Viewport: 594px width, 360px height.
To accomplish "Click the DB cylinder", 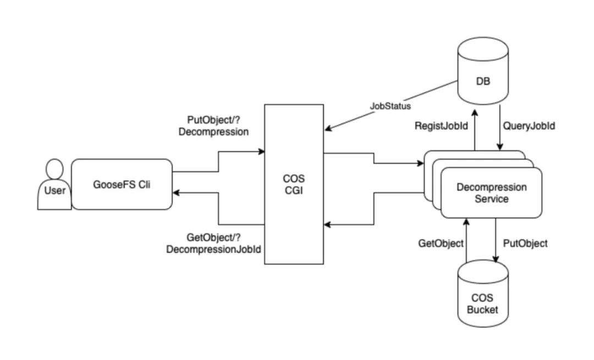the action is point(483,71).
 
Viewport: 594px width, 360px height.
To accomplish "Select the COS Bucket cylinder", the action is point(483,293).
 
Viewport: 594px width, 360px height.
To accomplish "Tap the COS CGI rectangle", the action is point(294,184).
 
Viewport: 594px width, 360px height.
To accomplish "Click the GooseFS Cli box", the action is point(122,184).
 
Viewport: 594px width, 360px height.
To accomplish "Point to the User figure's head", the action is point(54,169).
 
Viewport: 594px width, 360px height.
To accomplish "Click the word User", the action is point(55,190).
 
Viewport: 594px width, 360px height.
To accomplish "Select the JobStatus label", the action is point(390,106).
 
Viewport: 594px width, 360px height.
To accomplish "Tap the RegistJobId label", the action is point(441,126).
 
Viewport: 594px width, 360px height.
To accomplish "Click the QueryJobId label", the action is point(529,126).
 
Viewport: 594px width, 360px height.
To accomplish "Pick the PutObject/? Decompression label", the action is point(213,126).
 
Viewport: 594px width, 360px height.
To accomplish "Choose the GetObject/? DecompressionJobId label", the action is point(213,243).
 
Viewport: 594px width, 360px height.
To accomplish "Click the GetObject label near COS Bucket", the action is point(441,243).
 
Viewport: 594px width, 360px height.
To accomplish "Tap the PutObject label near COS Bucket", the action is point(525,243).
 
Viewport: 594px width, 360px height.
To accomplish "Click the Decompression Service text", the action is point(491,193).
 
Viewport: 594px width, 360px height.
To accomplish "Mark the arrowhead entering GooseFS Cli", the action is point(176,193).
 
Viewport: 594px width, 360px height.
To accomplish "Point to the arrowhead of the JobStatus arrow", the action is point(328,129).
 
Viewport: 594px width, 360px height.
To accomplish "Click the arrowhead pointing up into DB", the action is point(475,113).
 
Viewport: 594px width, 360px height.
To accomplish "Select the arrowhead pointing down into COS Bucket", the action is point(496,259).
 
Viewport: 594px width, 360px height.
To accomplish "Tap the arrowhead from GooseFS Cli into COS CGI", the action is point(261,152).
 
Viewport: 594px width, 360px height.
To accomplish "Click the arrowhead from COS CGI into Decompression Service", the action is point(420,164).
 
